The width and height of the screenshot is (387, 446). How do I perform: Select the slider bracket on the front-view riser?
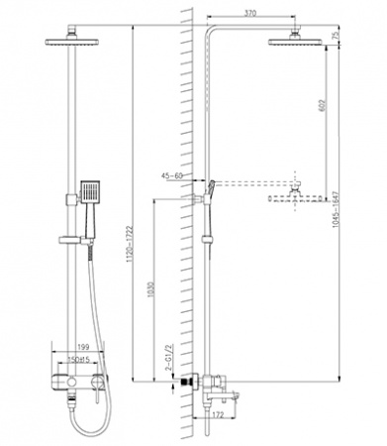tap(70, 243)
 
